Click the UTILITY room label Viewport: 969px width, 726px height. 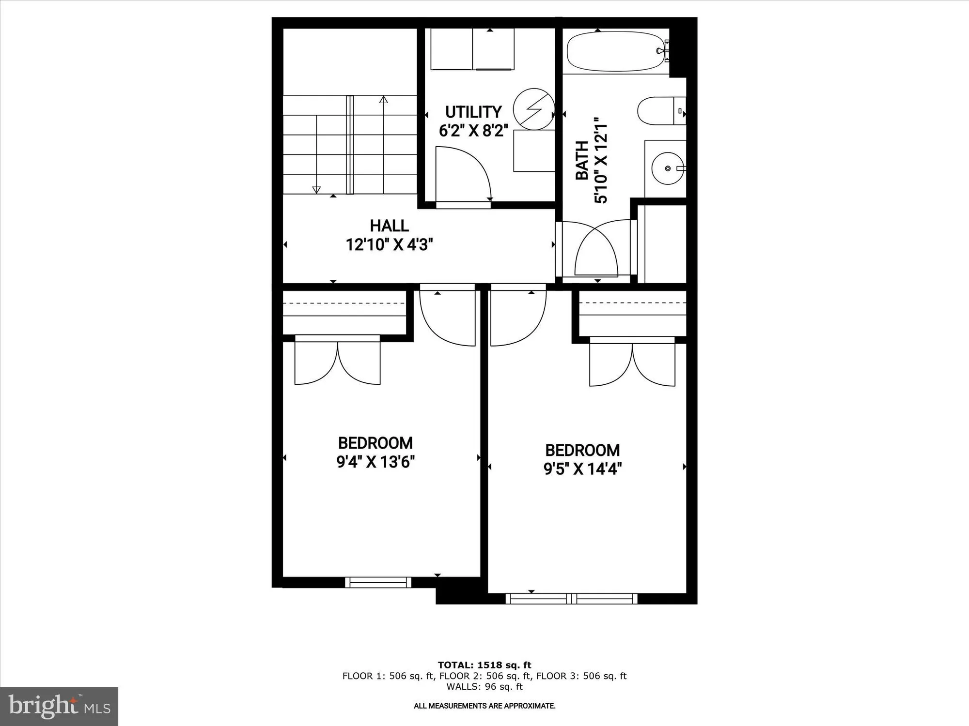473,112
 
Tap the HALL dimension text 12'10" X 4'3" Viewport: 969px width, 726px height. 389,245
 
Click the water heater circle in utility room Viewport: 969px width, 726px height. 533,109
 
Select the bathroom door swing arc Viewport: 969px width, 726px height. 596,249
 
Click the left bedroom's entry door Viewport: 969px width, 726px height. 447,317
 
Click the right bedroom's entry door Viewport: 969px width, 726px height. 518,317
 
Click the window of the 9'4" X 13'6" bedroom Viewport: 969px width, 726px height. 378,582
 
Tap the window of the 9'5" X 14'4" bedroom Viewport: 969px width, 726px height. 572,599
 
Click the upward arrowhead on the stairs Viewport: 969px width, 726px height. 384,100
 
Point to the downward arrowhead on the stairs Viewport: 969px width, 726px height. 316,190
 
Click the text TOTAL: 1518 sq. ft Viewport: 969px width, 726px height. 484,665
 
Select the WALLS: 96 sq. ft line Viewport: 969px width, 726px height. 484,686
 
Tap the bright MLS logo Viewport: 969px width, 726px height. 59,707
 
